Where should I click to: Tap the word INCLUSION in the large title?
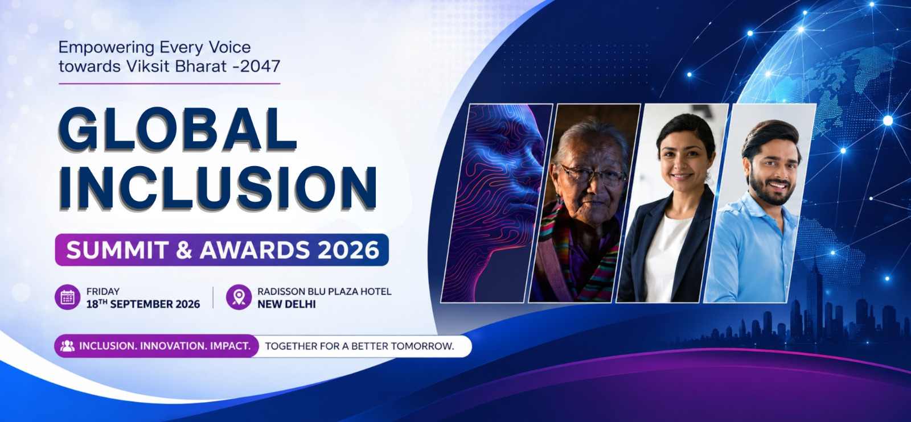tap(218, 188)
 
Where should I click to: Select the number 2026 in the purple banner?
tap(348, 250)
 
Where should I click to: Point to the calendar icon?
tap(67, 297)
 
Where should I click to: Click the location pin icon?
tap(239, 297)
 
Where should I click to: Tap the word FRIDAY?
tap(103, 291)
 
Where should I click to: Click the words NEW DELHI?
tap(286, 304)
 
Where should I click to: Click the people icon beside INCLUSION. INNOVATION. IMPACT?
tap(67, 346)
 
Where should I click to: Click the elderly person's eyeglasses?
tap(593, 175)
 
